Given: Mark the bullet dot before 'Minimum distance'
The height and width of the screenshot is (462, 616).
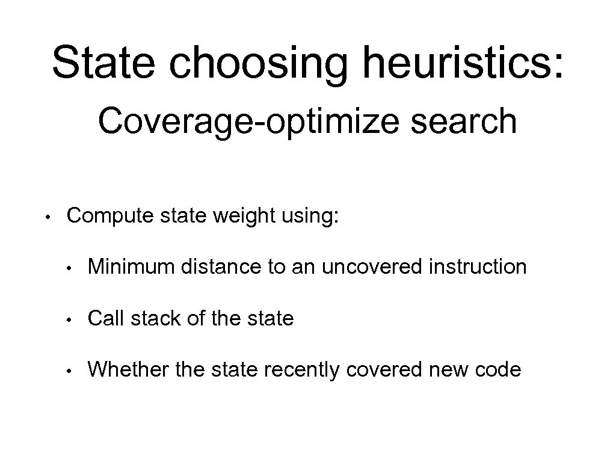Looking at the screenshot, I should pos(71,266).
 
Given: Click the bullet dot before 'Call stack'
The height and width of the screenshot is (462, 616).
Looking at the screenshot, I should pos(71,318).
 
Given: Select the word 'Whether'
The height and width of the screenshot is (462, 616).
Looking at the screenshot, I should pos(128,369).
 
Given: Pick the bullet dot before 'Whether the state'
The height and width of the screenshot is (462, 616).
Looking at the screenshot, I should pos(71,369).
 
